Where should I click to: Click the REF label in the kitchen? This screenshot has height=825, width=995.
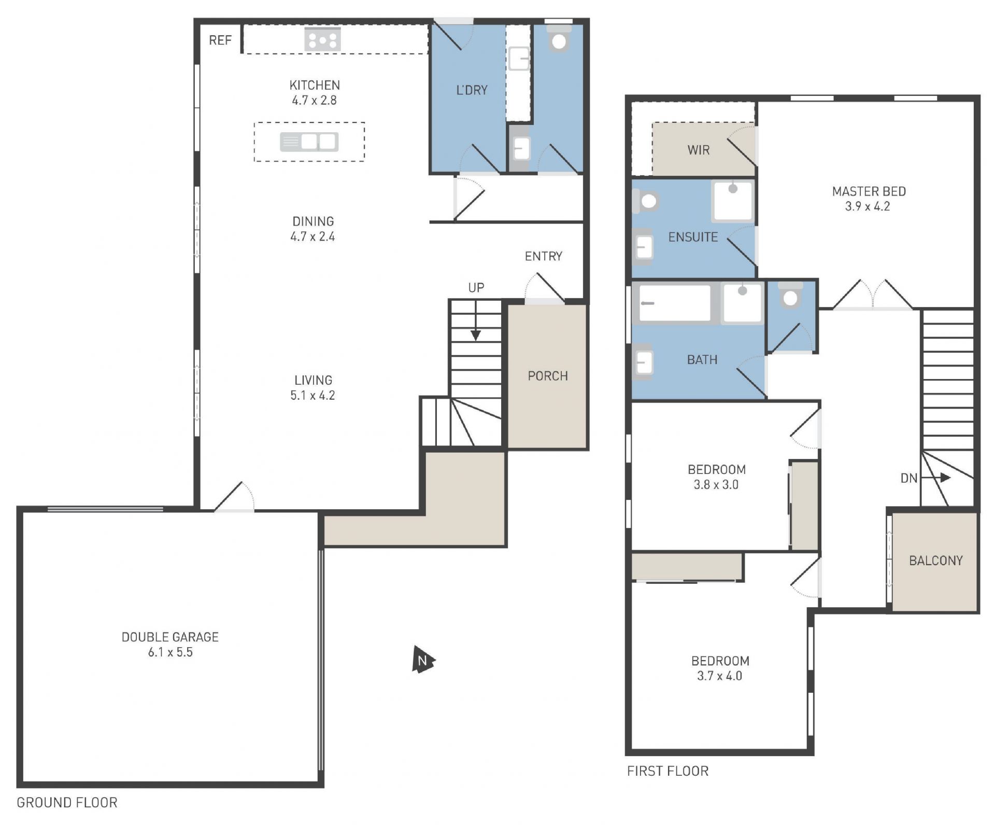tap(220, 40)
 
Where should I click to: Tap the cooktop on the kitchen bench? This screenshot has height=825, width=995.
tap(322, 40)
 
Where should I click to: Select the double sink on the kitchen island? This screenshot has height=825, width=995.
tap(309, 142)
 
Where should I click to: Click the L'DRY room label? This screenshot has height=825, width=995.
tap(472, 90)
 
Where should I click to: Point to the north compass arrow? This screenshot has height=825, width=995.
tap(423, 660)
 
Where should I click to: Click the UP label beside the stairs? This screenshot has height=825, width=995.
tap(476, 288)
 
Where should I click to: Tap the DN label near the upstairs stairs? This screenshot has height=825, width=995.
tap(909, 478)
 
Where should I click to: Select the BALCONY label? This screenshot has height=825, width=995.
tap(936, 561)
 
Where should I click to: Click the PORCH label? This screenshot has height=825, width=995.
tap(548, 376)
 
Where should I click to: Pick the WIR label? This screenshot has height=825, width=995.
tap(699, 150)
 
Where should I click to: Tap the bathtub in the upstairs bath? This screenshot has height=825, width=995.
tap(675, 303)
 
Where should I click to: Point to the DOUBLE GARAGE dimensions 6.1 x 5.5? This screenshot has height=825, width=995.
tap(170, 652)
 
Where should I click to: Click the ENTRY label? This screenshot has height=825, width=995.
tap(544, 256)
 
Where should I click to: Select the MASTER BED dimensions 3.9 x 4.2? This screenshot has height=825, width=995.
tap(868, 206)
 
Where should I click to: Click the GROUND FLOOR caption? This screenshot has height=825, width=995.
tap(67, 803)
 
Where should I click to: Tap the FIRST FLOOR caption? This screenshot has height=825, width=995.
tap(667, 771)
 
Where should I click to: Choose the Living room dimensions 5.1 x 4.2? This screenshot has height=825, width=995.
tap(312, 396)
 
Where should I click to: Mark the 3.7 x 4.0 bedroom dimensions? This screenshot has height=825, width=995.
tap(720, 676)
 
